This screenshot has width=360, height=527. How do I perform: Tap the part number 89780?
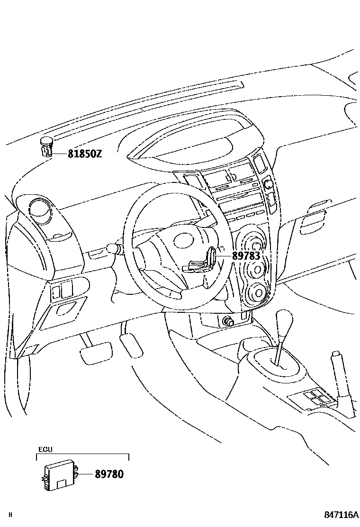(109, 473)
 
